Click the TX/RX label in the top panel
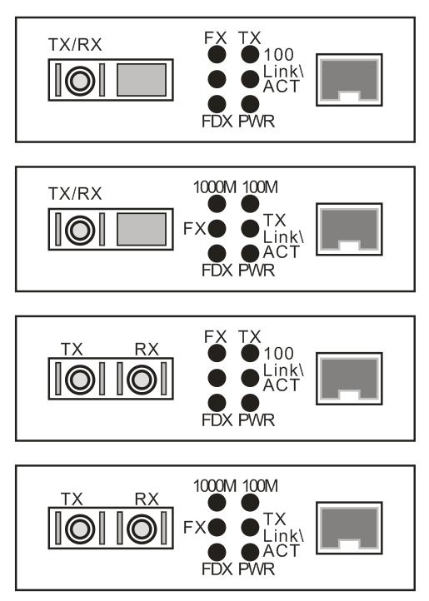pos(75,45)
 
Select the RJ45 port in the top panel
pos(349,80)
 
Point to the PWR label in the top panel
pos(257,122)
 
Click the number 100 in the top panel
pos(279,55)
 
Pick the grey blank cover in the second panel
pos(142,229)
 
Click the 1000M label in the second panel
pos(215,187)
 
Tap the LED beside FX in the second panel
pos(217,229)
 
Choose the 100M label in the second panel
pos(260,187)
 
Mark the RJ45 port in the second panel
pos(349,229)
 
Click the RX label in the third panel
pos(147,349)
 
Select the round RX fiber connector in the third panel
pos(142,380)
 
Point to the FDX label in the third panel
pos(217,420)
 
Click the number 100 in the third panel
pos(279,354)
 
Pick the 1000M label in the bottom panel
pos(215,486)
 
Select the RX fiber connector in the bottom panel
pos(142,529)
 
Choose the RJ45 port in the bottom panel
pos(349,529)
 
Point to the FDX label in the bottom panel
pos(217,569)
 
